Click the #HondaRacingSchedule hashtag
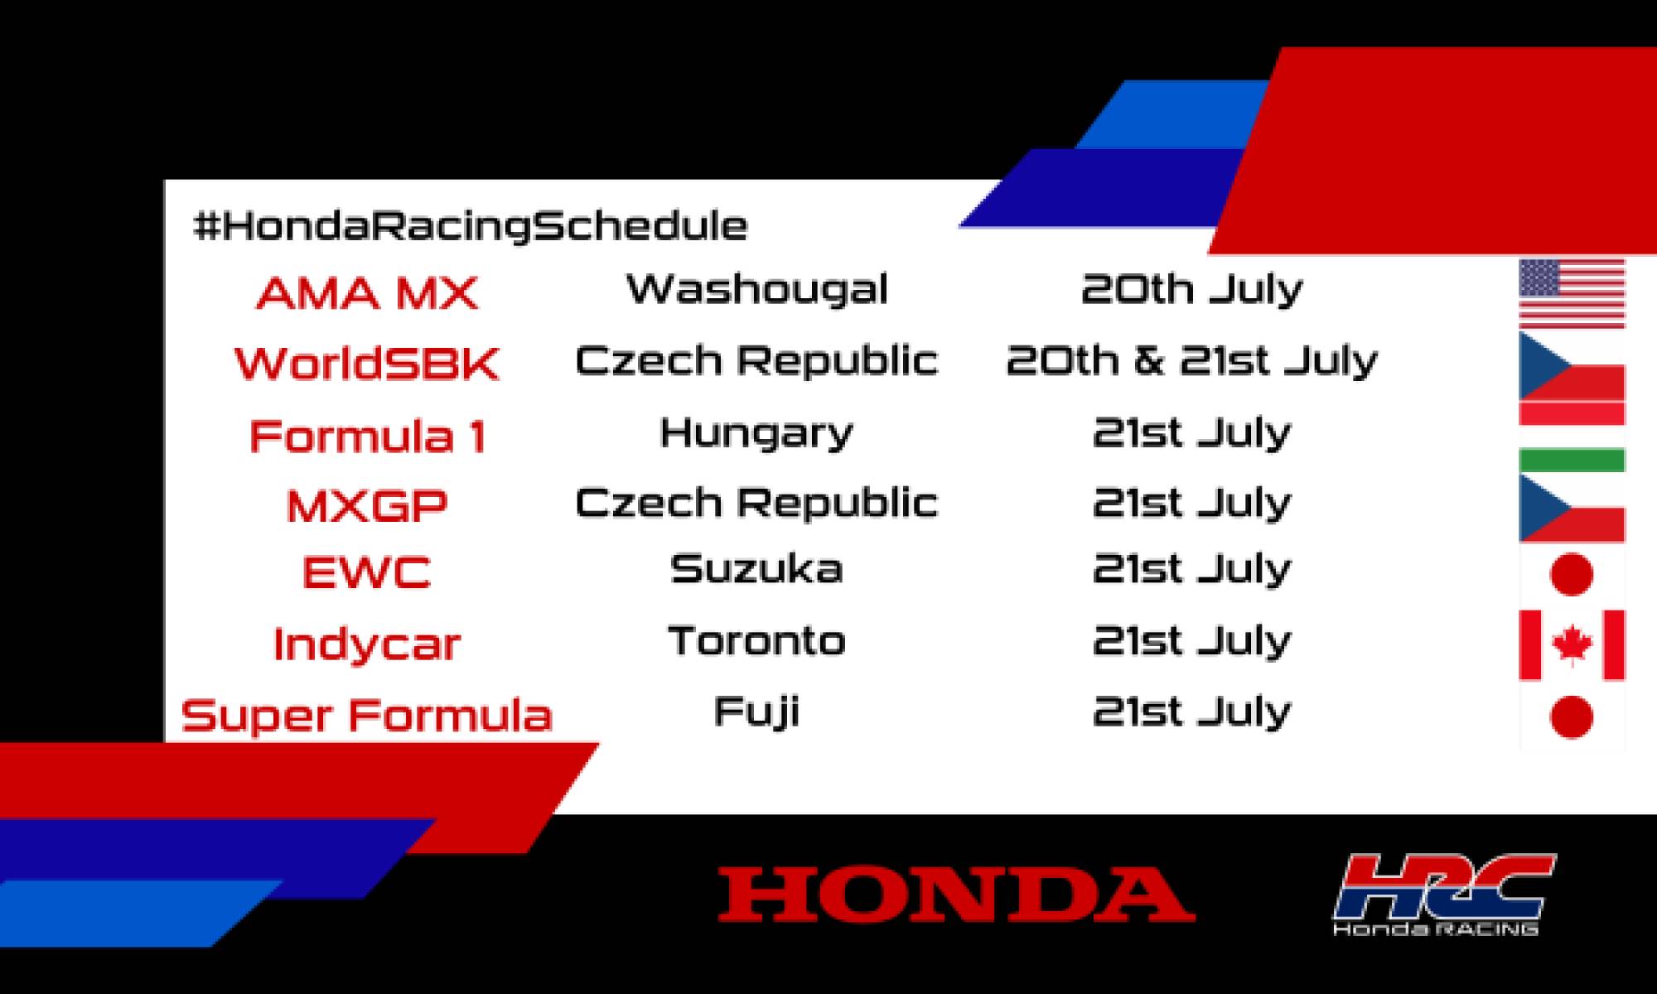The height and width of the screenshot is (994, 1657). pyautogui.click(x=470, y=226)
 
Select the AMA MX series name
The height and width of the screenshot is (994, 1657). pyautogui.click(x=367, y=293)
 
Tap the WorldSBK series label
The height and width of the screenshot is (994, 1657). pyautogui.click(x=367, y=364)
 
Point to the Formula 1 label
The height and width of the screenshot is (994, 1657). pyautogui.click(x=367, y=437)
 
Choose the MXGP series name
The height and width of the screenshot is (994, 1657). pyautogui.click(x=367, y=505)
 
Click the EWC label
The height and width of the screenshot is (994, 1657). pyautogui.click(x=367, y=572)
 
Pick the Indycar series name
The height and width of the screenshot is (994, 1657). pyautogui.click(x=367, y=644)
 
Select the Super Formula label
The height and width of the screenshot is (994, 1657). pyautogui.click(x=367, y=715)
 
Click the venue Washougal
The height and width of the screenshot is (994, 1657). pyautogui.click(x=756, y=289)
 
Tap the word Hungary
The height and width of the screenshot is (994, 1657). pyautogui.click(x=756, y=433)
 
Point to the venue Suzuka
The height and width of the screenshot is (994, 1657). pyautogui.click(x=756, y=569)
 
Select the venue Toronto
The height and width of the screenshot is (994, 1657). pyautogui.click(x=756, y=640)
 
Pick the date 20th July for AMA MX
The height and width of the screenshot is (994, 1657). pyautogui.click(x=1191, y=289)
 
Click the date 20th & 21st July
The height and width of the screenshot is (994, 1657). pyautogui.click(x=1191, y=360)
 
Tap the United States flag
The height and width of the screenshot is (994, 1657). pyautogui.click(x=1572, y=293)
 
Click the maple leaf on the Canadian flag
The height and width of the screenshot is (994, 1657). pyautogui.click(x=1572, y=645)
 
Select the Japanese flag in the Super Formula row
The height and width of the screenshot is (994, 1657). pyautogui.click(x=1572, y=717)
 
